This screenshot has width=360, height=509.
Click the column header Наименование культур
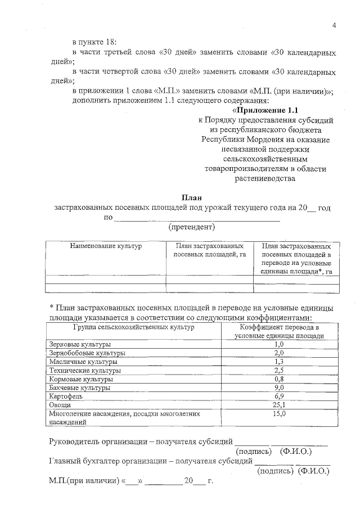coord(105,246)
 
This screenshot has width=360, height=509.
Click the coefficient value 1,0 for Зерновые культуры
coord(278,344)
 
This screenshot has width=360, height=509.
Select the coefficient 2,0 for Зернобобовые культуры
coord(278,353)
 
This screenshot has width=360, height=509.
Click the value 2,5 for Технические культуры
coord(278,371)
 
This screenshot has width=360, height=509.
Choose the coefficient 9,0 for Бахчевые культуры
coord(278,388)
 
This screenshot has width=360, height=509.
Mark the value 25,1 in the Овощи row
coord(278,405)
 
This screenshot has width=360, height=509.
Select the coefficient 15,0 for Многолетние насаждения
coord(278,413)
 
